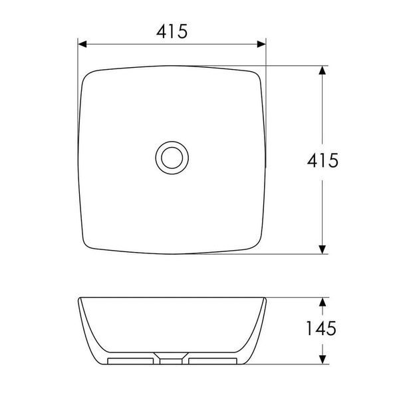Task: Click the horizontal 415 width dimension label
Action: point(172,31)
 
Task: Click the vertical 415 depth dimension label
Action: point(323,160)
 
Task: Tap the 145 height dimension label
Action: point(321,329)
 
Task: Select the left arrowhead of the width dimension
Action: point(82,44)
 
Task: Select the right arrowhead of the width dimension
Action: point(261,44)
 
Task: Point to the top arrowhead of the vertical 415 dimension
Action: point(323,70)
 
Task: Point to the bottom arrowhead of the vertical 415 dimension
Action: point(323,249)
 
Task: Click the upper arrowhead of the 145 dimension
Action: point(323,302)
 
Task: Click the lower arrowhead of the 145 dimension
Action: point(323,360)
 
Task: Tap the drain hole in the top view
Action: point(172,158)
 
